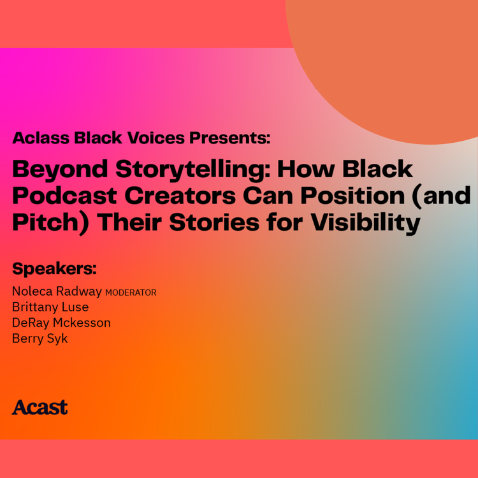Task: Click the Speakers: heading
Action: pyautogui.click(x=54, y=268)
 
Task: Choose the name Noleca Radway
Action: pyautogui.click(x=57, y=292)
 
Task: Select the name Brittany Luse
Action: pyautogui.click(x=50, y=307)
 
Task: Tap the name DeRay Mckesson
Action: pyautogui.click(x=61, y=323)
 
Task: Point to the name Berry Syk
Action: pyautogui.click(x=40, y=338)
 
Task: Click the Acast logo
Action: pyautogui.click(x=40, y=407)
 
